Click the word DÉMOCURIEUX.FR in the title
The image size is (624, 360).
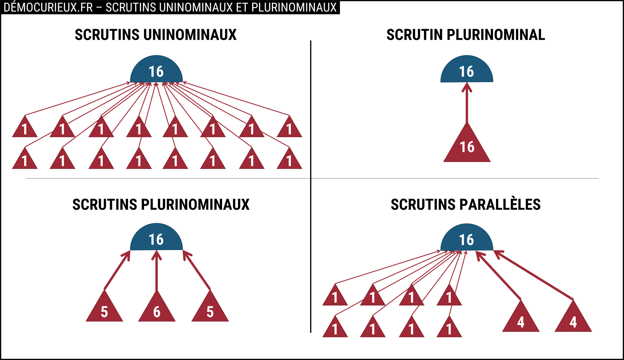[48, 8]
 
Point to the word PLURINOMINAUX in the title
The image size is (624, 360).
[294, 8]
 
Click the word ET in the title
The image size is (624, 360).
[242, 8]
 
